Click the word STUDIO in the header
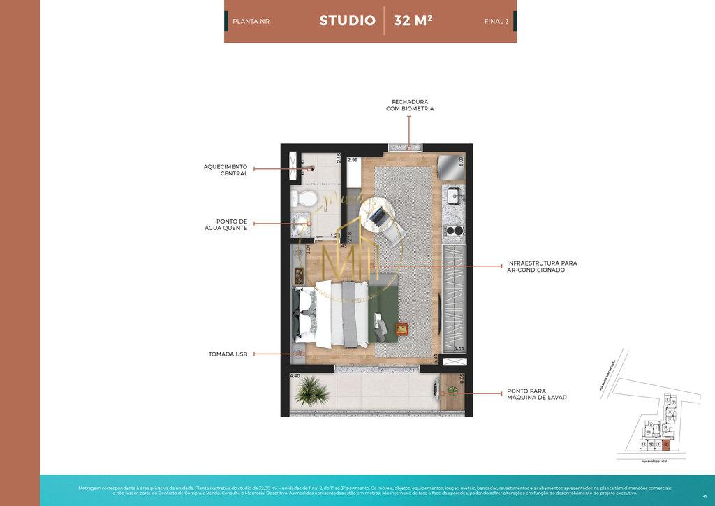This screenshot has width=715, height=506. tap(347, 20)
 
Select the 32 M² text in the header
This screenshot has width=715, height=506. tap(413, 20)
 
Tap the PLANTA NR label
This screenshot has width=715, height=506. tap(251, 22)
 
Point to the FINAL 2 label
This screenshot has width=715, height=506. tap(496, 22)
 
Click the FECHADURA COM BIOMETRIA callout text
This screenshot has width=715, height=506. tap(410, 105)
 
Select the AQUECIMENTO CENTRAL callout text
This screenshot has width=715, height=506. tap(225, 170)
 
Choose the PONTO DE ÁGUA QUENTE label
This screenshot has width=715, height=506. tap(226, 224)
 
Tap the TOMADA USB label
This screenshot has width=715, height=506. tap(228, 354)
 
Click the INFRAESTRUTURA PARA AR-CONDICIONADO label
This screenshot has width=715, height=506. tap(542, 266)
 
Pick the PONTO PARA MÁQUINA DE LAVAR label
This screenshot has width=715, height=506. tap(537, 395)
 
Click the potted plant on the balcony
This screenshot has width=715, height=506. tap(311, 391)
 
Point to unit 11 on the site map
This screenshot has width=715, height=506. tap(642, 444)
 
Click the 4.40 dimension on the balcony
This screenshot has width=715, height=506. tap(295, 376)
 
